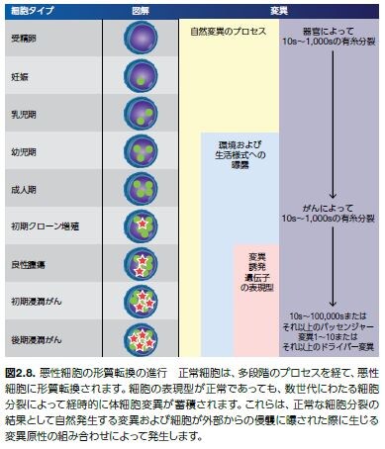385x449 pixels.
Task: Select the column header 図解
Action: point(141,9)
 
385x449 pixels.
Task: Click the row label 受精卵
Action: point(25,39)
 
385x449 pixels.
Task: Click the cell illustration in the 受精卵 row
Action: point(141,39)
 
